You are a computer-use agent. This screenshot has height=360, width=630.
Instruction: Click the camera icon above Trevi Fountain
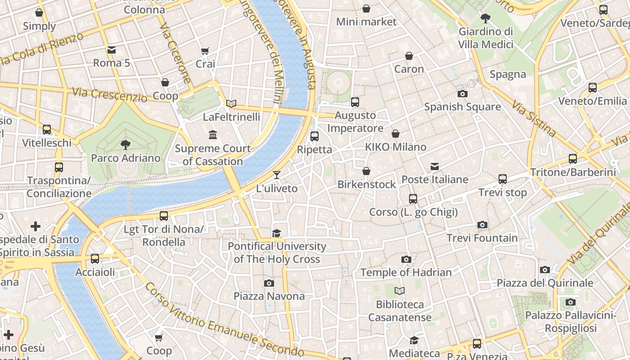pyautogui.click(x=482, y=225)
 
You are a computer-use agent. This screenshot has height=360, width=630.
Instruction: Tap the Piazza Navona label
pyautogui.click(x=269, y=296)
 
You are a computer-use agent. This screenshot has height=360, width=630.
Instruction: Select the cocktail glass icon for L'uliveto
pyautogui.click(x=277, y=175)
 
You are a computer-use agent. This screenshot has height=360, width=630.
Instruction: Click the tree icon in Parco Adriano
pyautogui.click(x=126, y=144)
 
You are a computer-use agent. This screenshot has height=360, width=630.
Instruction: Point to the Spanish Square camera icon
pyautogui.click(x=462, y=94)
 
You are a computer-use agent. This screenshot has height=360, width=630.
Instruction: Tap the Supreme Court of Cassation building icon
pyautogui.click(x=213, y=135)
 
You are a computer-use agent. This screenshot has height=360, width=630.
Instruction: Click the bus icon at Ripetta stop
pyautogui.click(x=315, y=136)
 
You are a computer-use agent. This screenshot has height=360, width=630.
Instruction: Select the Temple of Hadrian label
pyautogui.click(x=406, y=272)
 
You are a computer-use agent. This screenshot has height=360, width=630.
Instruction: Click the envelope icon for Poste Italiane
pyautogui.click(x=435, y=166)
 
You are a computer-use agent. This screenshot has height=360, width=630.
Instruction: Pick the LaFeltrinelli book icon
pyautogui.click(x=231, y=104)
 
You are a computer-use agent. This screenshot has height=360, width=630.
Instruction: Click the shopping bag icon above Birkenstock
pyautogui.click(x=366, y=171)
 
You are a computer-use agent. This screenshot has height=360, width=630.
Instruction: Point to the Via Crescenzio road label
pyautogui.click(x=110, y=94)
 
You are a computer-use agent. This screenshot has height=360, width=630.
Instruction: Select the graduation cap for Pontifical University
pyautogui.click(x=276, y=233)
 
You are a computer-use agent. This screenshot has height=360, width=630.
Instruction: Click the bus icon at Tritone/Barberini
pyautogui.click(x=572, y=158)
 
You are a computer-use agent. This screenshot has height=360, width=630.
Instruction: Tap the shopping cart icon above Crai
pyautogui.click(x=205, y=51)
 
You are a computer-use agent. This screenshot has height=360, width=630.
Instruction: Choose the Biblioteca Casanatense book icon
pyautogui.click(x=400, y=291)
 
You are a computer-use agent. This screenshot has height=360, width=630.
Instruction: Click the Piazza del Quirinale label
pyautogui.click(x=545, y=283)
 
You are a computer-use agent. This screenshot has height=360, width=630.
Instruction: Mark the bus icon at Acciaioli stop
pyautogui.click(x=94, y=259)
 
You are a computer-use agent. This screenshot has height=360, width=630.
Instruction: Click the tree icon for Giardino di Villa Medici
pyautogui.click(x=485, y=18)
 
